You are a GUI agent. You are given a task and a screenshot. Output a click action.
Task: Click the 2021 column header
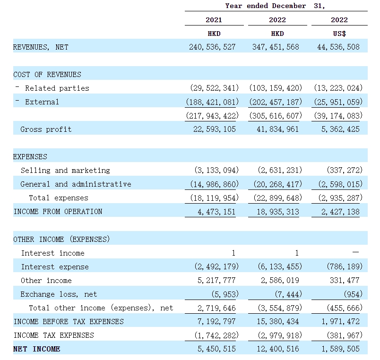pyautogui.click(x=214, y=20)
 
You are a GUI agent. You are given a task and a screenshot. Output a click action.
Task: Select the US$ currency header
pyautogui.click(x=339, y=34)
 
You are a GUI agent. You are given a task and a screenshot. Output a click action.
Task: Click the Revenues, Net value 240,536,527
pyautogui.click(x=212, y=47)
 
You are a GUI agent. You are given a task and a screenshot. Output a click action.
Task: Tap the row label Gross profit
pyautogui.click(x=46, y=129)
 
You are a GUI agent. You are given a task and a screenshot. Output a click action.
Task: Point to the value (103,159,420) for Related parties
pyautogui.click(x=276, y=88)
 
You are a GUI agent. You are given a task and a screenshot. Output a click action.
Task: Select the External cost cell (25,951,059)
pyautogui.click(x=338, y=102)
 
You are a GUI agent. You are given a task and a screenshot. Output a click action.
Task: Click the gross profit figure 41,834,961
pyautogui.click(x=278, y=129)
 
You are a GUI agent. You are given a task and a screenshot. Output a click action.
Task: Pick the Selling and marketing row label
pyautogui.click(x=65, y=171)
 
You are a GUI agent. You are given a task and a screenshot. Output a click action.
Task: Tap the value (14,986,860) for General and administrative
pyautogui.click(x=215, y=184)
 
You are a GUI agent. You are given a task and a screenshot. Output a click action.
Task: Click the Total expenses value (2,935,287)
pyautogui.click(x=340, y=198)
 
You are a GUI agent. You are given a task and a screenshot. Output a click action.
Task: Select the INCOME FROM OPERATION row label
pyautogui.click(x=58, y=212)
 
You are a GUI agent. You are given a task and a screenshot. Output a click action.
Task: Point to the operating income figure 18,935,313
pyautogui.click(x=278, y=212)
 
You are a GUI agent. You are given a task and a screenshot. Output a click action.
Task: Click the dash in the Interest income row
pyautogui.click(x=355, y=252)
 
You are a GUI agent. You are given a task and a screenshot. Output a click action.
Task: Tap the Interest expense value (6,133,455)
pyautogui.click(x=280, y=266)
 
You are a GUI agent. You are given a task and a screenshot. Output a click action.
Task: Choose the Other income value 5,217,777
pyautogui.click(x=216, y=280)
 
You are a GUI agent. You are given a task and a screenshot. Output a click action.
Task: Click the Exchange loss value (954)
pyautogui.click(x=353, y=294)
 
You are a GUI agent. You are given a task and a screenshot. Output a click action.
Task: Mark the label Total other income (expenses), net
pyautogui.click(x=101, y=308)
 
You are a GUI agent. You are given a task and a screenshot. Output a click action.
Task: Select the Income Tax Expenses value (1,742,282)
pyautogui.click(x=216, y=335)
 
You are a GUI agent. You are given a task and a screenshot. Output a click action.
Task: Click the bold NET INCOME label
pyautogui.click(x=36, y=349)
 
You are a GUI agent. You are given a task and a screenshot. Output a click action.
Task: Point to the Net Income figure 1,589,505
pyautogui.click(x=340, y=349)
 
